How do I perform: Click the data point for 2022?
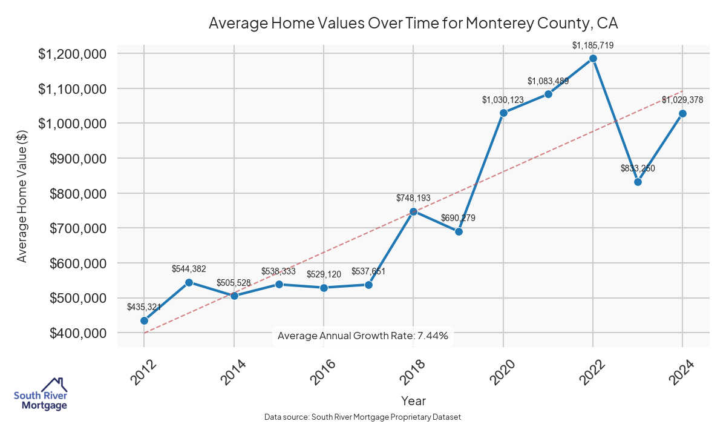593,59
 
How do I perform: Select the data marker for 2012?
144,321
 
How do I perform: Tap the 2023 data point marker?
638,182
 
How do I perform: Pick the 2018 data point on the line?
413,211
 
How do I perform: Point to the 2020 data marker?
503,113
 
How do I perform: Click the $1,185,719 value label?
593,45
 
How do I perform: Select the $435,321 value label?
144,307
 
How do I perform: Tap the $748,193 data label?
413,198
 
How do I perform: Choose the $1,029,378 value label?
682,100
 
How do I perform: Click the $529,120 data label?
324,274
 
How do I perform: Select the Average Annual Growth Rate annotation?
362,336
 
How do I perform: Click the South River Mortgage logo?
41,394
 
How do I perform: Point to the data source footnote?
362,417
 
